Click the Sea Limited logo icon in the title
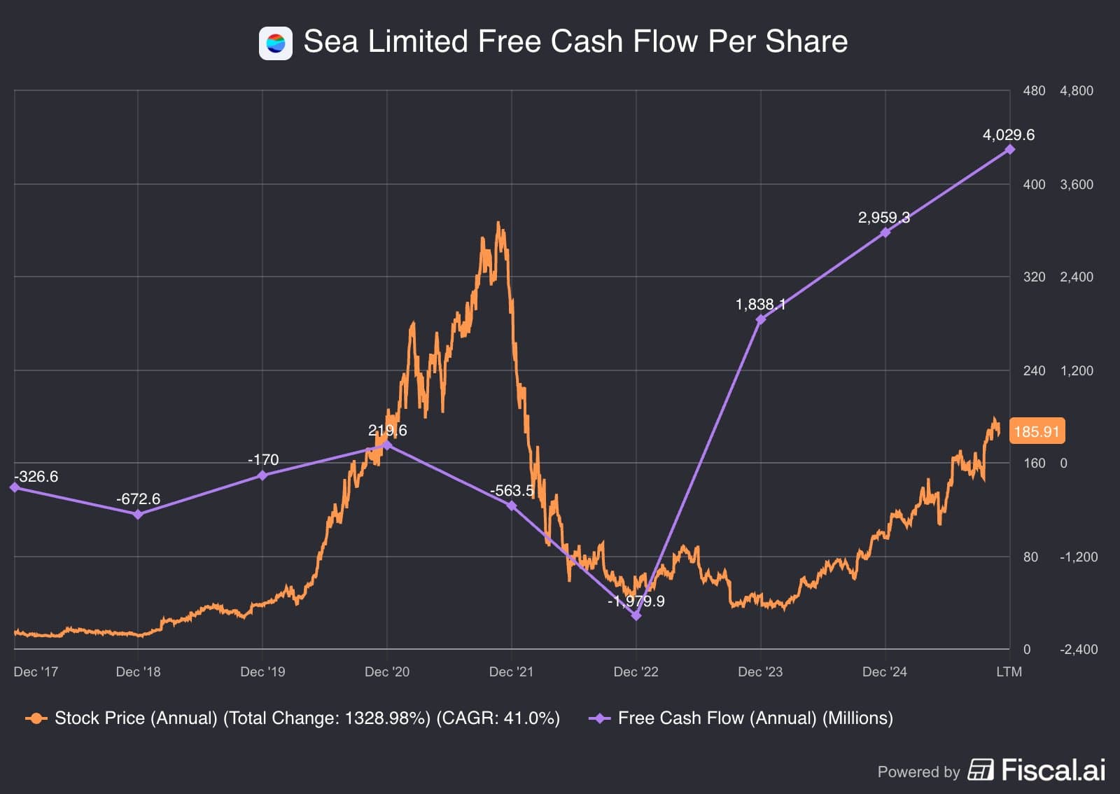[275, 43]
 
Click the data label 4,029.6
[1008, 134]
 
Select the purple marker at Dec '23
[761, 320]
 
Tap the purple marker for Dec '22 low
[636, 616]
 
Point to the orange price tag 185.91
[1037, 431]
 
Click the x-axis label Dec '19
[262, 671]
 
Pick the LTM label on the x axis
[1009, 671]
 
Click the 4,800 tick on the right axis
[1076, 91]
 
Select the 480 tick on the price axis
[1034, 91]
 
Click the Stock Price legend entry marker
[36, 718]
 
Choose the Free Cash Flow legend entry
[755, 718]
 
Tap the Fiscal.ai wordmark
[1053, 770]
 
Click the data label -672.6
[138, 499]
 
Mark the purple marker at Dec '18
[138, 515]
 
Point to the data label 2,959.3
[883, 218]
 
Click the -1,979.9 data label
[636, 601]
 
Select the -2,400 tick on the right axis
[1079, 650]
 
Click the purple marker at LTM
[1009, 150]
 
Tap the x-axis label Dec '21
[511, 671]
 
